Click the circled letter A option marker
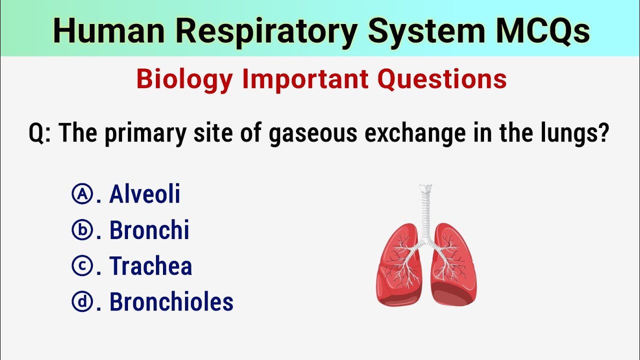81,194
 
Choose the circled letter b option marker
81,230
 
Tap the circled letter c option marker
81,266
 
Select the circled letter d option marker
81,302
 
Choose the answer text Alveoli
145,194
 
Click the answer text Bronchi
149,230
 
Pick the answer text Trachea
151,266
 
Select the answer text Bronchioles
171,302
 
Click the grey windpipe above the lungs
426,210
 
